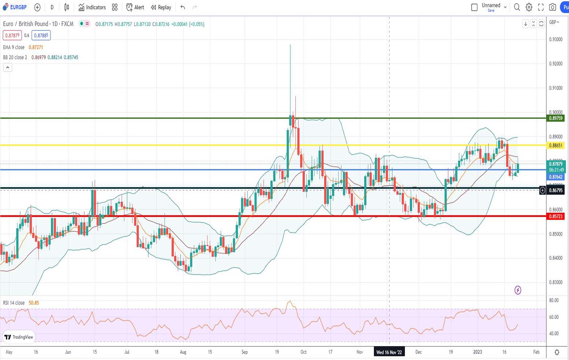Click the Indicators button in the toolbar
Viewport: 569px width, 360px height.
92,7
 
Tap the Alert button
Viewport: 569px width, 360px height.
135,7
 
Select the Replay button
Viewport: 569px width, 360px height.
161,7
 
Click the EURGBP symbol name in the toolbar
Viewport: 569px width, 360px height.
18,7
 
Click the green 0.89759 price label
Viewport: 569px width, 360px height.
555,118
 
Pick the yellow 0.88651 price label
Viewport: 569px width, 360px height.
555,145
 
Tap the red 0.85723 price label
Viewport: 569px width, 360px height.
555,216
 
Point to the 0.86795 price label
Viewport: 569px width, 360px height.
555,190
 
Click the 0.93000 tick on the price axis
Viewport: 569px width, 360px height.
555,40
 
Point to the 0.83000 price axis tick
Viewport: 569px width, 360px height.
555,282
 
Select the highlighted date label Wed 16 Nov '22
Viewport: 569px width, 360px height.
389,352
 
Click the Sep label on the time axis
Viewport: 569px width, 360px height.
245,352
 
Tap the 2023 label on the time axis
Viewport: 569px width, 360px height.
477,352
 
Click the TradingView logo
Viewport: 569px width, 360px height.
19,337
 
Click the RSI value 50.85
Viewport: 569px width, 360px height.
34,303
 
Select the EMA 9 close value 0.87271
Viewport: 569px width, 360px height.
36,47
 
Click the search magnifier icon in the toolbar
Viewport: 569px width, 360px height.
517,7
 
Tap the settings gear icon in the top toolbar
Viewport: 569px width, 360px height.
529,7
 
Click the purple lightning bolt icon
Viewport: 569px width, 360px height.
518,290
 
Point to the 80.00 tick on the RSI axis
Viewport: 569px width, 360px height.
554,300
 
